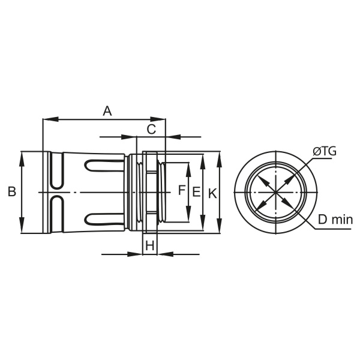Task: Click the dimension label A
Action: click(x=107, y=110)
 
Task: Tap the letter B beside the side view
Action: click(x=11, y=192)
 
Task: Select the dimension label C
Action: click(x=152, y=128)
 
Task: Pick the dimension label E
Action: click(x=196, y=192)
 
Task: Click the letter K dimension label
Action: click(x=212, y=193)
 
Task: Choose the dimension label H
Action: click(x=150, y=245)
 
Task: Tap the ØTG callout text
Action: click(x=325, y=151)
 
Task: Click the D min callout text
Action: click(x=335, y=220)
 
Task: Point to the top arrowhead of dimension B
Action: click(x=22, y=157)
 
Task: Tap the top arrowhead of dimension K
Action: click(x=219, y=158)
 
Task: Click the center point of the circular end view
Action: click(x=275, y=193)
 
